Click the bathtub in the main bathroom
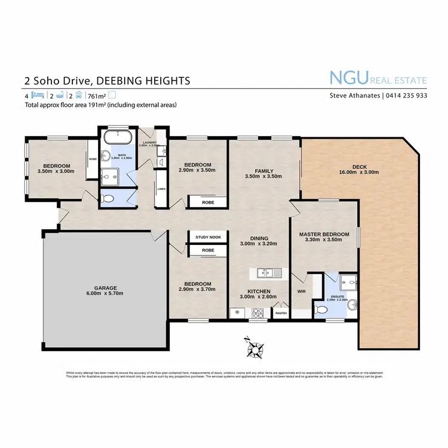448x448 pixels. [x=117, y=137]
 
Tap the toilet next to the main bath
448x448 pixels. [x=108, y=199]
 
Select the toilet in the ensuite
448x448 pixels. [x=320, y=309]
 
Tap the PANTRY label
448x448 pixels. [x=280, y=312]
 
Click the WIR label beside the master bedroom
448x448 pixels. [x=301, y=291]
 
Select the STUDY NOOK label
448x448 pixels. [x=208, y=237]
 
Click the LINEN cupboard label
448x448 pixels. [x=161, y=189]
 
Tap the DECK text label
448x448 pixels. [x=360, y=166]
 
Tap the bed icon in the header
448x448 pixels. [x=38, y=96]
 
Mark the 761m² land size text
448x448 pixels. [x=97, y=96]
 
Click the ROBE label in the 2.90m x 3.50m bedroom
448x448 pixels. [x=208, y=202]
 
